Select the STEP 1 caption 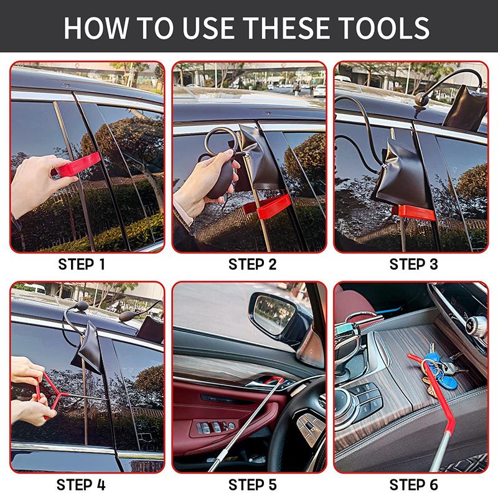(82, 264)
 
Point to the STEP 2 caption (252, 264)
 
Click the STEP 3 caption (413, 264)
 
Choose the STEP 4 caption (82, 484)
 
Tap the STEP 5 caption (252, 484)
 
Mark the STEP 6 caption (413, 484)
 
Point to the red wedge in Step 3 (414, 212)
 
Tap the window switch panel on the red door (212, 427)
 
